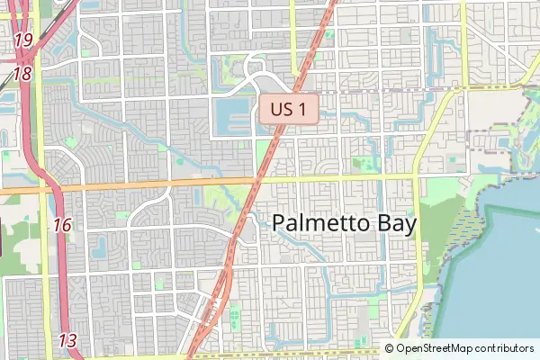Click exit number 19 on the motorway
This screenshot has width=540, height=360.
pyautogui.click(x=23, y=40)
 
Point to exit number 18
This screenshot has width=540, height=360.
pyautogui.click(x=23, y=74)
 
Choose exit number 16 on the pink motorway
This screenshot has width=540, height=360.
pyautogui.click(x=62, y=225)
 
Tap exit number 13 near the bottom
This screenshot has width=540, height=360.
pyautogui.click(x=68, y=340)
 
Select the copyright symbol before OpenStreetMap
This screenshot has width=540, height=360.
pyautogui.click(x=390, y=348)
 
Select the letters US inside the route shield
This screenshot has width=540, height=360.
pyautogui.click(x=283, y=111)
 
